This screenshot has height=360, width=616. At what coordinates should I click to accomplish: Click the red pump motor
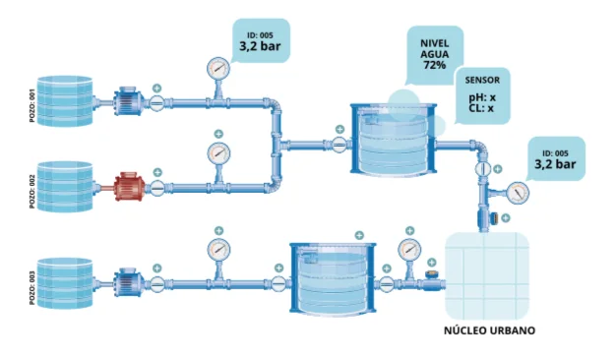[x=130, y=187]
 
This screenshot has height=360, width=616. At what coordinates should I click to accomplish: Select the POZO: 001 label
[x=32, y=105]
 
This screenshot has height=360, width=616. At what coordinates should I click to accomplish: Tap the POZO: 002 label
[x=32, y=191]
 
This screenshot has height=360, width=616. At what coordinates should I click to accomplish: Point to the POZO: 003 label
[x=32, y=287]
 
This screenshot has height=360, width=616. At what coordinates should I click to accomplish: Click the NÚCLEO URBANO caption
[x=489, y=330]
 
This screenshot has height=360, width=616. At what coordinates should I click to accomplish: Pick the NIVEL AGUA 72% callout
[x=435, y=54]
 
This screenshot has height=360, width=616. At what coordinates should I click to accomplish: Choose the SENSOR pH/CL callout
[x=482, y=95]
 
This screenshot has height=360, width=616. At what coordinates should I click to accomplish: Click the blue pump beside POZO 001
[x=129, y=101]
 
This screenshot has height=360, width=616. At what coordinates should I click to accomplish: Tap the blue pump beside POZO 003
[x=129, y=282]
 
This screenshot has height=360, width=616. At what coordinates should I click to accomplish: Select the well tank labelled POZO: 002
[x=65, y=187]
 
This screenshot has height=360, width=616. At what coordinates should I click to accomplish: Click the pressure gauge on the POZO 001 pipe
[x=218, y=69]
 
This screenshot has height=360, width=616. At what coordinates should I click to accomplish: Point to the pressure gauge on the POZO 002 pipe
[x=218, y=153]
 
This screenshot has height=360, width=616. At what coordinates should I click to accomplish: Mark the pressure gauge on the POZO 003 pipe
[x=218, y=250]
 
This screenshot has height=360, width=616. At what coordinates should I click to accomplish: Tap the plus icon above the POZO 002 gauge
[x=218, y=134]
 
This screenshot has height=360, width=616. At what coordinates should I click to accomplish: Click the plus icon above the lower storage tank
[x=359, y=235]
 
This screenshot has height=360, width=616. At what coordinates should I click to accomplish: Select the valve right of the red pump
[x=157, y=188]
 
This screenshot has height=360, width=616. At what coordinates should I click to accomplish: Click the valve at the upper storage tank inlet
[x=339, y=145]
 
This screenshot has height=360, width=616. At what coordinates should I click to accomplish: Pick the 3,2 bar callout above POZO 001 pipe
[x=261, y=41]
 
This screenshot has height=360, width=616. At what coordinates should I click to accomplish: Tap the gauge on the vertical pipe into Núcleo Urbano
[x=518, y=193]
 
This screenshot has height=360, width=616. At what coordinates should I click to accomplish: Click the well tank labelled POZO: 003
[x=65, y=283]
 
